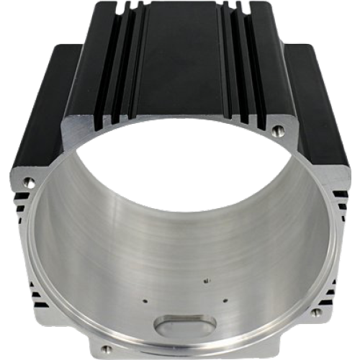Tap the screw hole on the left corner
point(28,180)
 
